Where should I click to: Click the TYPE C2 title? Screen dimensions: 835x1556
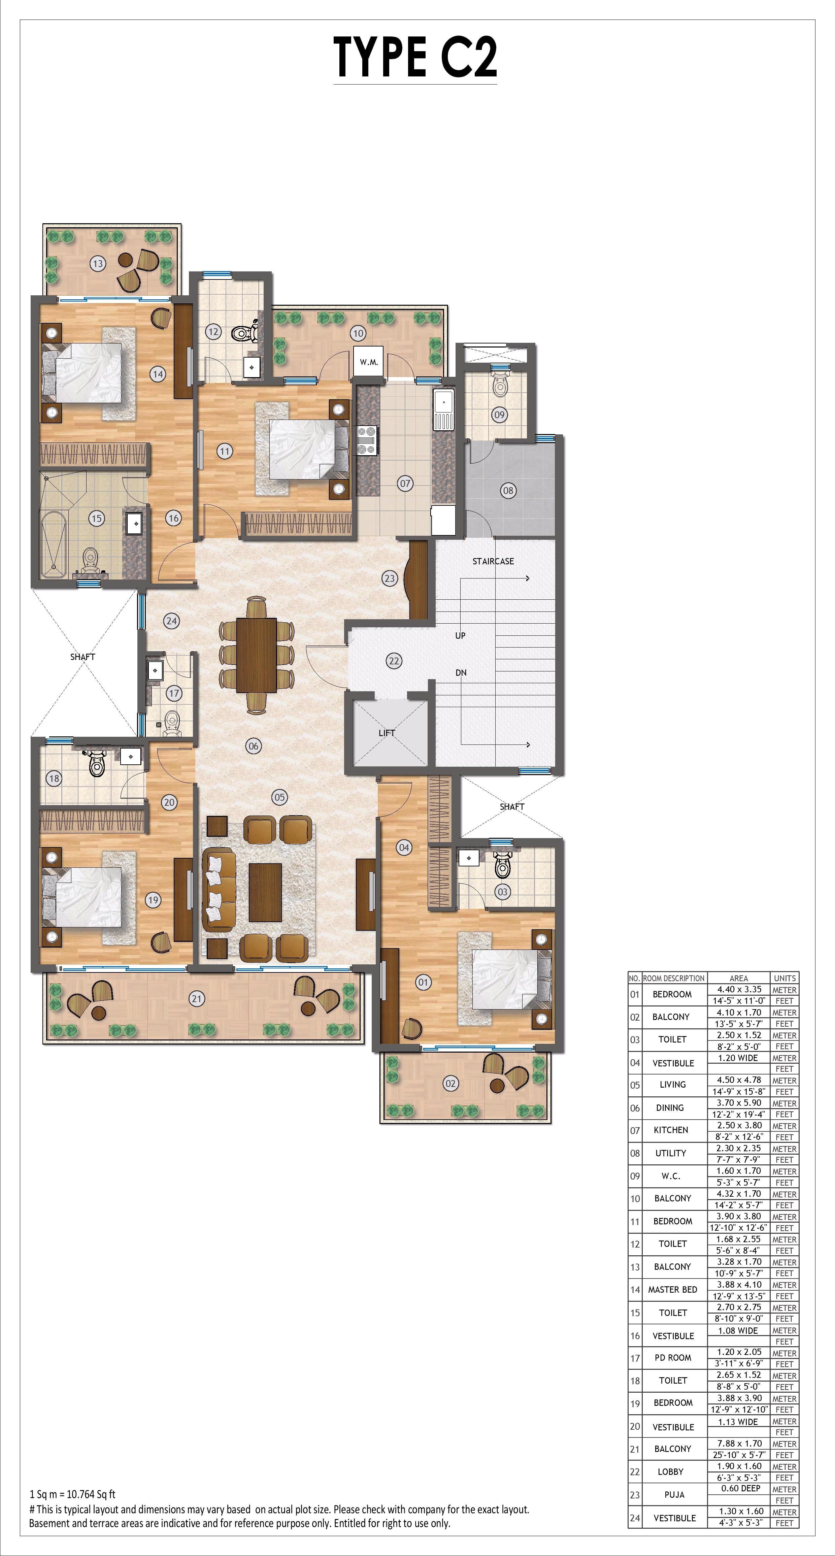click(416, 57)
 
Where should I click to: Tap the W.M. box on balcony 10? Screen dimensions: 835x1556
click(369, 362)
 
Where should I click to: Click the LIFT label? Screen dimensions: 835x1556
click(387, 733)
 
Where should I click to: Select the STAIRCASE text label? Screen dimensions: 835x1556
click(493, 561)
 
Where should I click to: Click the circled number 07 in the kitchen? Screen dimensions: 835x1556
click(405, 483)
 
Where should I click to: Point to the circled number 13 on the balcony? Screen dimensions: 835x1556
click(97, 263)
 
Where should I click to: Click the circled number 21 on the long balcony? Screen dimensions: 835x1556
click(196, 998)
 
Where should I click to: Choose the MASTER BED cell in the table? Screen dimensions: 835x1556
click(672, 1290)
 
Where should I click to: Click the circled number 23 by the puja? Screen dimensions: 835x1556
click(389, 578)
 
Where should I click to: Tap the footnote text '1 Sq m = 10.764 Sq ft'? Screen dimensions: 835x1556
click(72, 1490)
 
